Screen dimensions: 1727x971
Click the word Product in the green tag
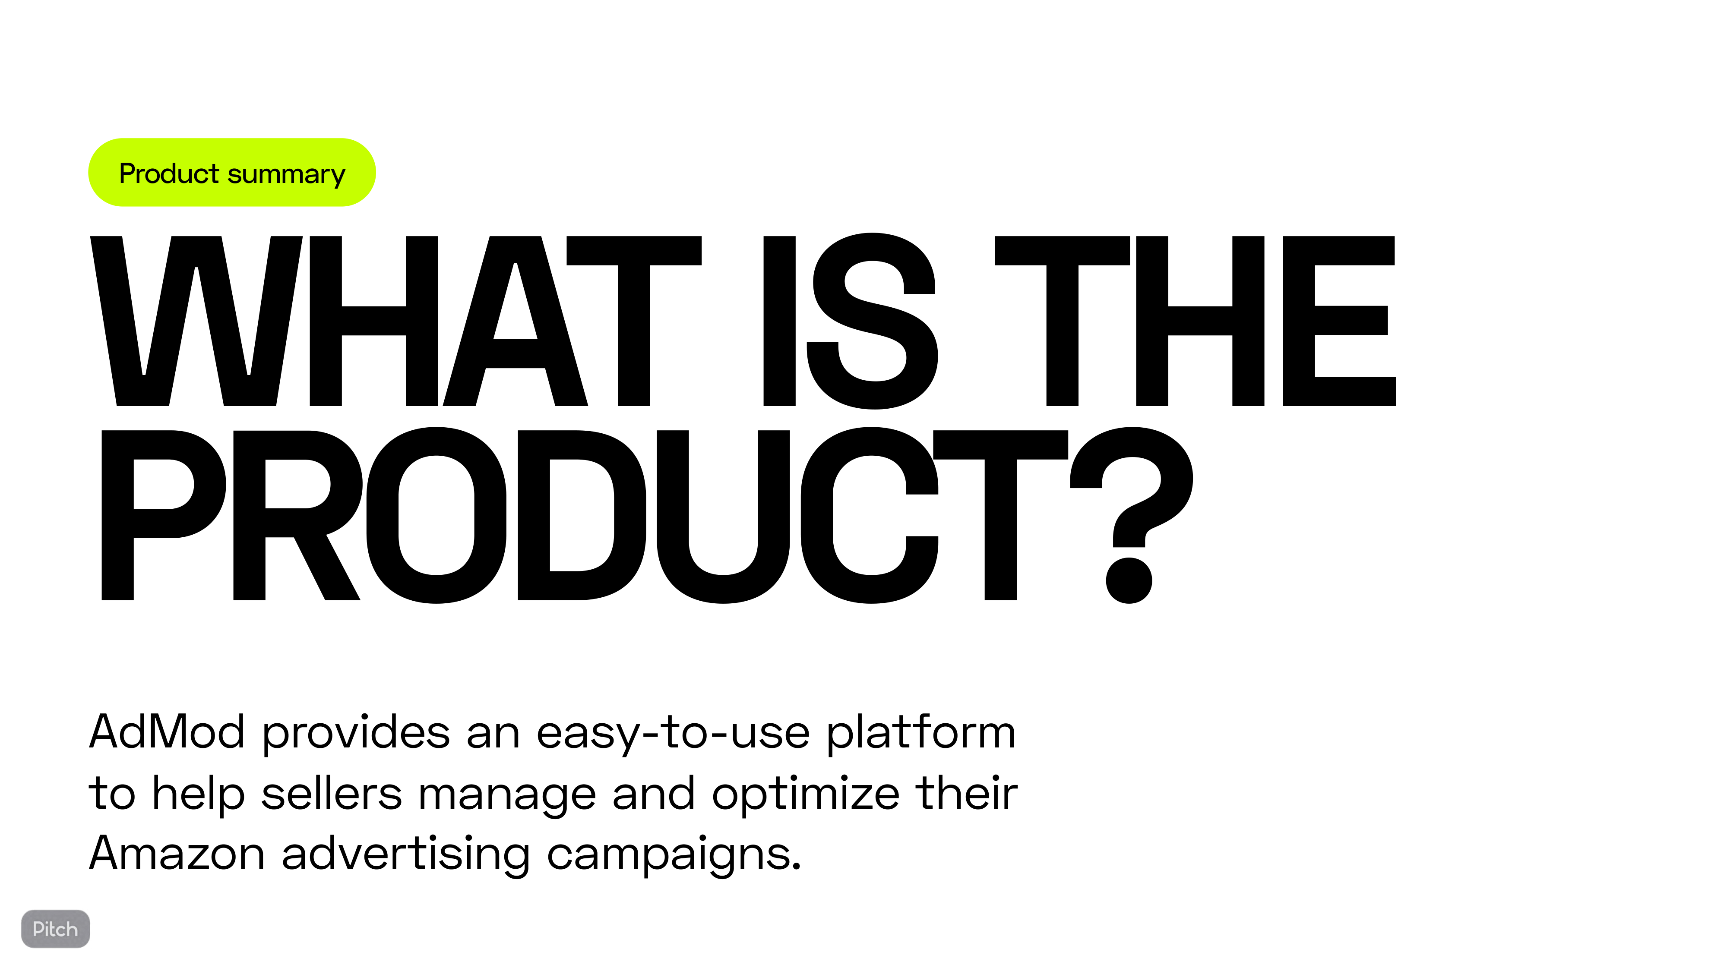click(169, 173)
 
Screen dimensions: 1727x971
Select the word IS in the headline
click(851, 321)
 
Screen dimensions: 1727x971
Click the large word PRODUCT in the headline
click(583, 515)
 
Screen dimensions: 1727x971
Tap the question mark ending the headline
click(1131, 515)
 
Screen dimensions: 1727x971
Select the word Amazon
click(177, 854)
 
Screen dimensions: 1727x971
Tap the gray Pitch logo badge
click(56, 929)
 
